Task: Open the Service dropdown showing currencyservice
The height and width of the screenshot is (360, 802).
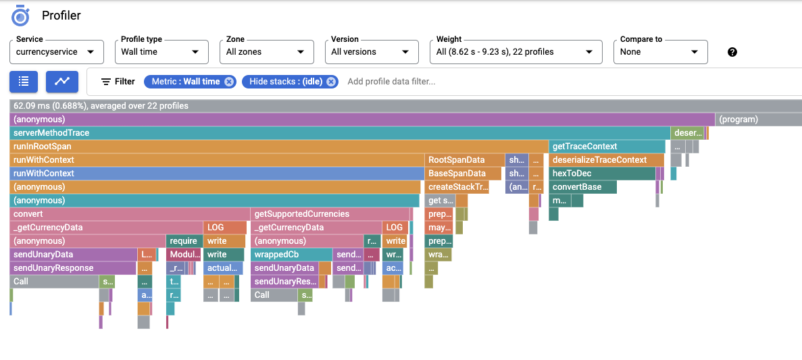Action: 57,52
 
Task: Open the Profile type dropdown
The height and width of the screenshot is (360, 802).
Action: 160,52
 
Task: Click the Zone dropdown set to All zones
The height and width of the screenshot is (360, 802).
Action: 266,52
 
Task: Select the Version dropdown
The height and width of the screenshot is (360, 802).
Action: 371,52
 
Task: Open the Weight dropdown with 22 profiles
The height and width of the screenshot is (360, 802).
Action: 515,52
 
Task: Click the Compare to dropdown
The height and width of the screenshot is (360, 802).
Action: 660,52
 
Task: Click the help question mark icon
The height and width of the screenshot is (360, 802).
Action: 732,52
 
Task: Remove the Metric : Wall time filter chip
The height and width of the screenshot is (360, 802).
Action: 229,82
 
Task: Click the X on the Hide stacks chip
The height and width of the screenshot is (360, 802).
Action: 331,82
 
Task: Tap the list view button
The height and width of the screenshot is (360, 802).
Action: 24,82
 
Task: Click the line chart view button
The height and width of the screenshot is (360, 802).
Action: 62,82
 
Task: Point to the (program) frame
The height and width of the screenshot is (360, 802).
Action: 757,120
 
